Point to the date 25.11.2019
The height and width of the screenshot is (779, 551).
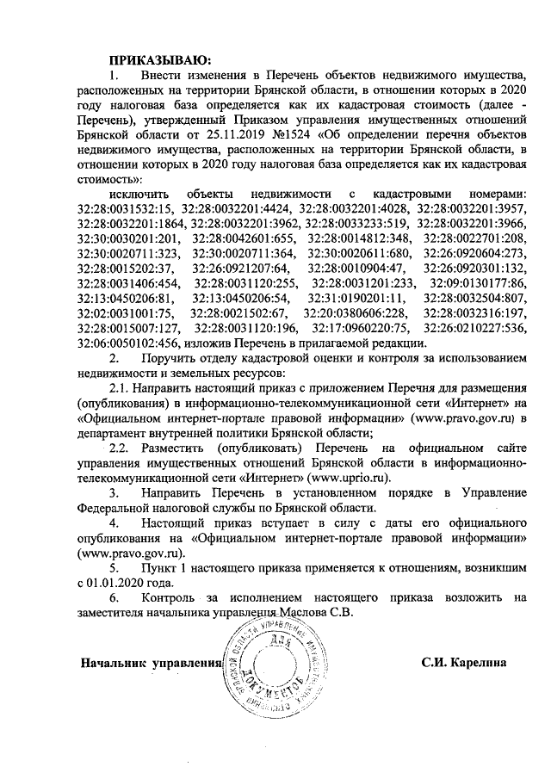pos(234,135)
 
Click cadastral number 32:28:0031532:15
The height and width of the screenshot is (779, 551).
pos(127,208)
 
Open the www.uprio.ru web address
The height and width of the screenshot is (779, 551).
pos(348,475)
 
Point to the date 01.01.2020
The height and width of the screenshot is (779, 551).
pos(118,582)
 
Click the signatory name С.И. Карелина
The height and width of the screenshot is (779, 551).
pos(463,664)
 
